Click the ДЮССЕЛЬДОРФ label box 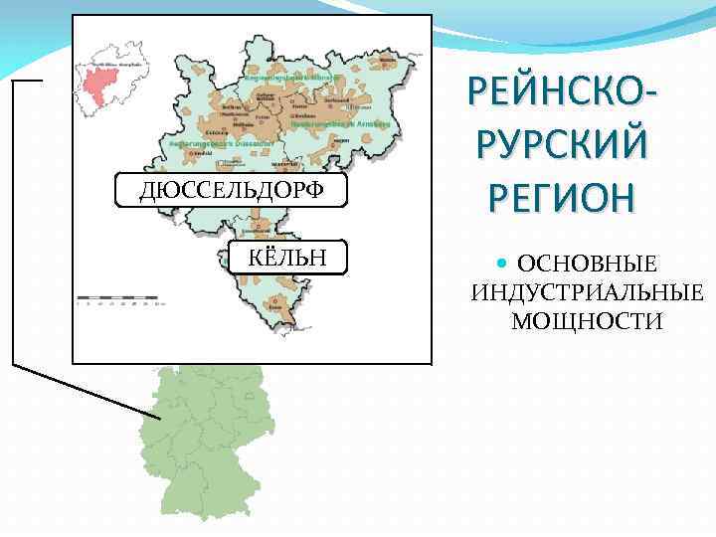click(x=231, y=189)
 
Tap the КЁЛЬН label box click(x=289, y=257)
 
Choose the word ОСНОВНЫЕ click(x=588, y=266)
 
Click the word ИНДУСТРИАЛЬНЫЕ click(x=587, y=293)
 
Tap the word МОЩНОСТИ click(x=587, y=320)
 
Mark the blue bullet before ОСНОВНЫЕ click(x=501, y=265)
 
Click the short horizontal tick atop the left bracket click(x=27, y=80)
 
